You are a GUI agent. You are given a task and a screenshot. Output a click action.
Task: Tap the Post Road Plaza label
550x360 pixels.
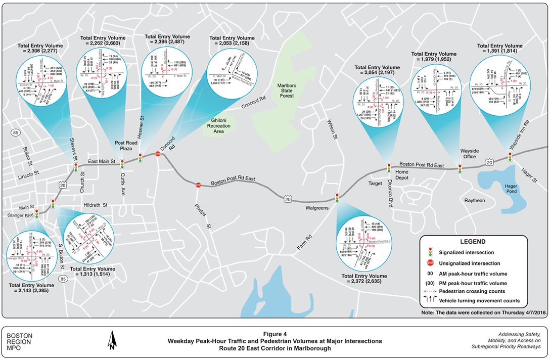click(x=123, y=147)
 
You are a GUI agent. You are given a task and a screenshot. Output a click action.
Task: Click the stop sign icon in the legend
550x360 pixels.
click(x=431, y=263)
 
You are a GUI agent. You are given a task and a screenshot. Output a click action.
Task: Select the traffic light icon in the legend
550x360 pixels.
click(x=431, y=251)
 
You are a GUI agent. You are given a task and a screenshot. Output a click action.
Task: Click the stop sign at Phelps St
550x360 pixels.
click(x=199, y=185)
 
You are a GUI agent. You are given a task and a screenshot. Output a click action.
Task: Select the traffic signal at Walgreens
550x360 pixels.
click(x=337, y=198)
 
